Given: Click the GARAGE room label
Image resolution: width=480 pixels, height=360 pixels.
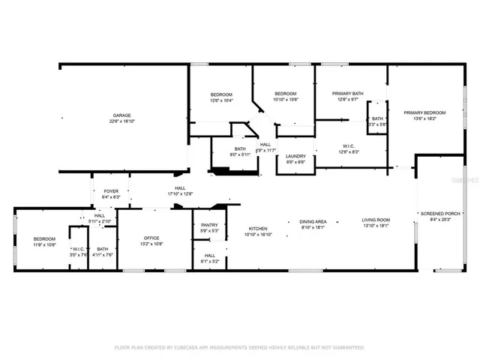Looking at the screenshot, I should pos(122,115).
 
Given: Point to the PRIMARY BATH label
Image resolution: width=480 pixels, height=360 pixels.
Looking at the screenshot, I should pos(348,94).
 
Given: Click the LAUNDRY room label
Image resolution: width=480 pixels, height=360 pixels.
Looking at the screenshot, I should pos(295,156).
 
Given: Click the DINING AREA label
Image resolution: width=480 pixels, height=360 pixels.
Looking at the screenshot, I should pos(313,221).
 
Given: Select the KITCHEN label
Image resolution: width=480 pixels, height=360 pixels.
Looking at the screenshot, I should pos(258,228).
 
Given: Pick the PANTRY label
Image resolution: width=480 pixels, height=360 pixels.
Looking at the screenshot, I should pos(210,225).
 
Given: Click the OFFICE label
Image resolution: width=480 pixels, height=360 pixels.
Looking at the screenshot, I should pos(151,238).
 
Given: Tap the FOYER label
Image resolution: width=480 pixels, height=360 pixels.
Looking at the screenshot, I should pos(111,191).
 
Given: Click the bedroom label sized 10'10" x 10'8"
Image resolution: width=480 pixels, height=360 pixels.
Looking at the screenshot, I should pos(286,94).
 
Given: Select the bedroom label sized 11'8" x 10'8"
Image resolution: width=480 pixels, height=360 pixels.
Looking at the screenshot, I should pos(44,238).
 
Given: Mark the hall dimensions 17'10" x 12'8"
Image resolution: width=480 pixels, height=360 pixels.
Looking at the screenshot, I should pos(180,194).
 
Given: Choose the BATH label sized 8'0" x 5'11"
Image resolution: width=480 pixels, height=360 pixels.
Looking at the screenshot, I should pos(240,148).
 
